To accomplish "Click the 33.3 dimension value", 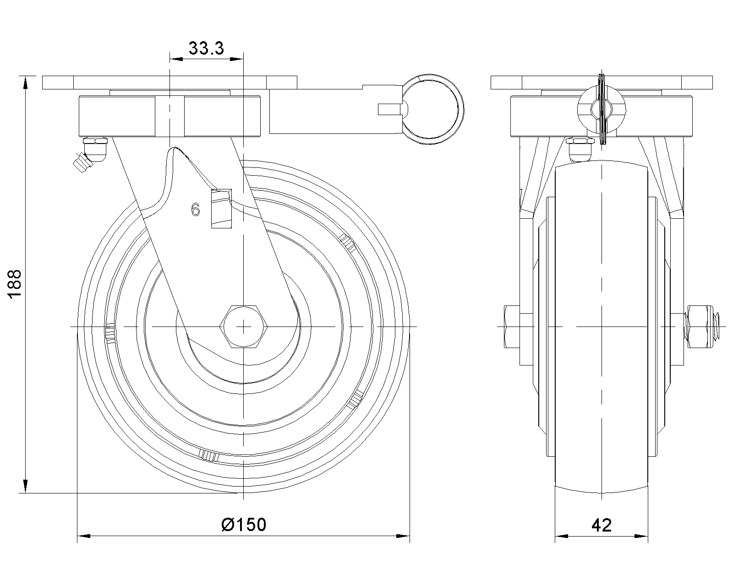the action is pos(207,48).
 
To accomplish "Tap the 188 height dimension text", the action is pos(15,284).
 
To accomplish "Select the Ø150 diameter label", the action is pos(244,525).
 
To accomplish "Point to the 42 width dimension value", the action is pos(602,526).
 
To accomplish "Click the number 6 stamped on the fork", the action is pos(196,210).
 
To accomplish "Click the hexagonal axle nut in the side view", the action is pos(244,327).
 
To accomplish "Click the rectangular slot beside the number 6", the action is pos(221,208).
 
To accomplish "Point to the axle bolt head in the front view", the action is pos(512,327).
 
